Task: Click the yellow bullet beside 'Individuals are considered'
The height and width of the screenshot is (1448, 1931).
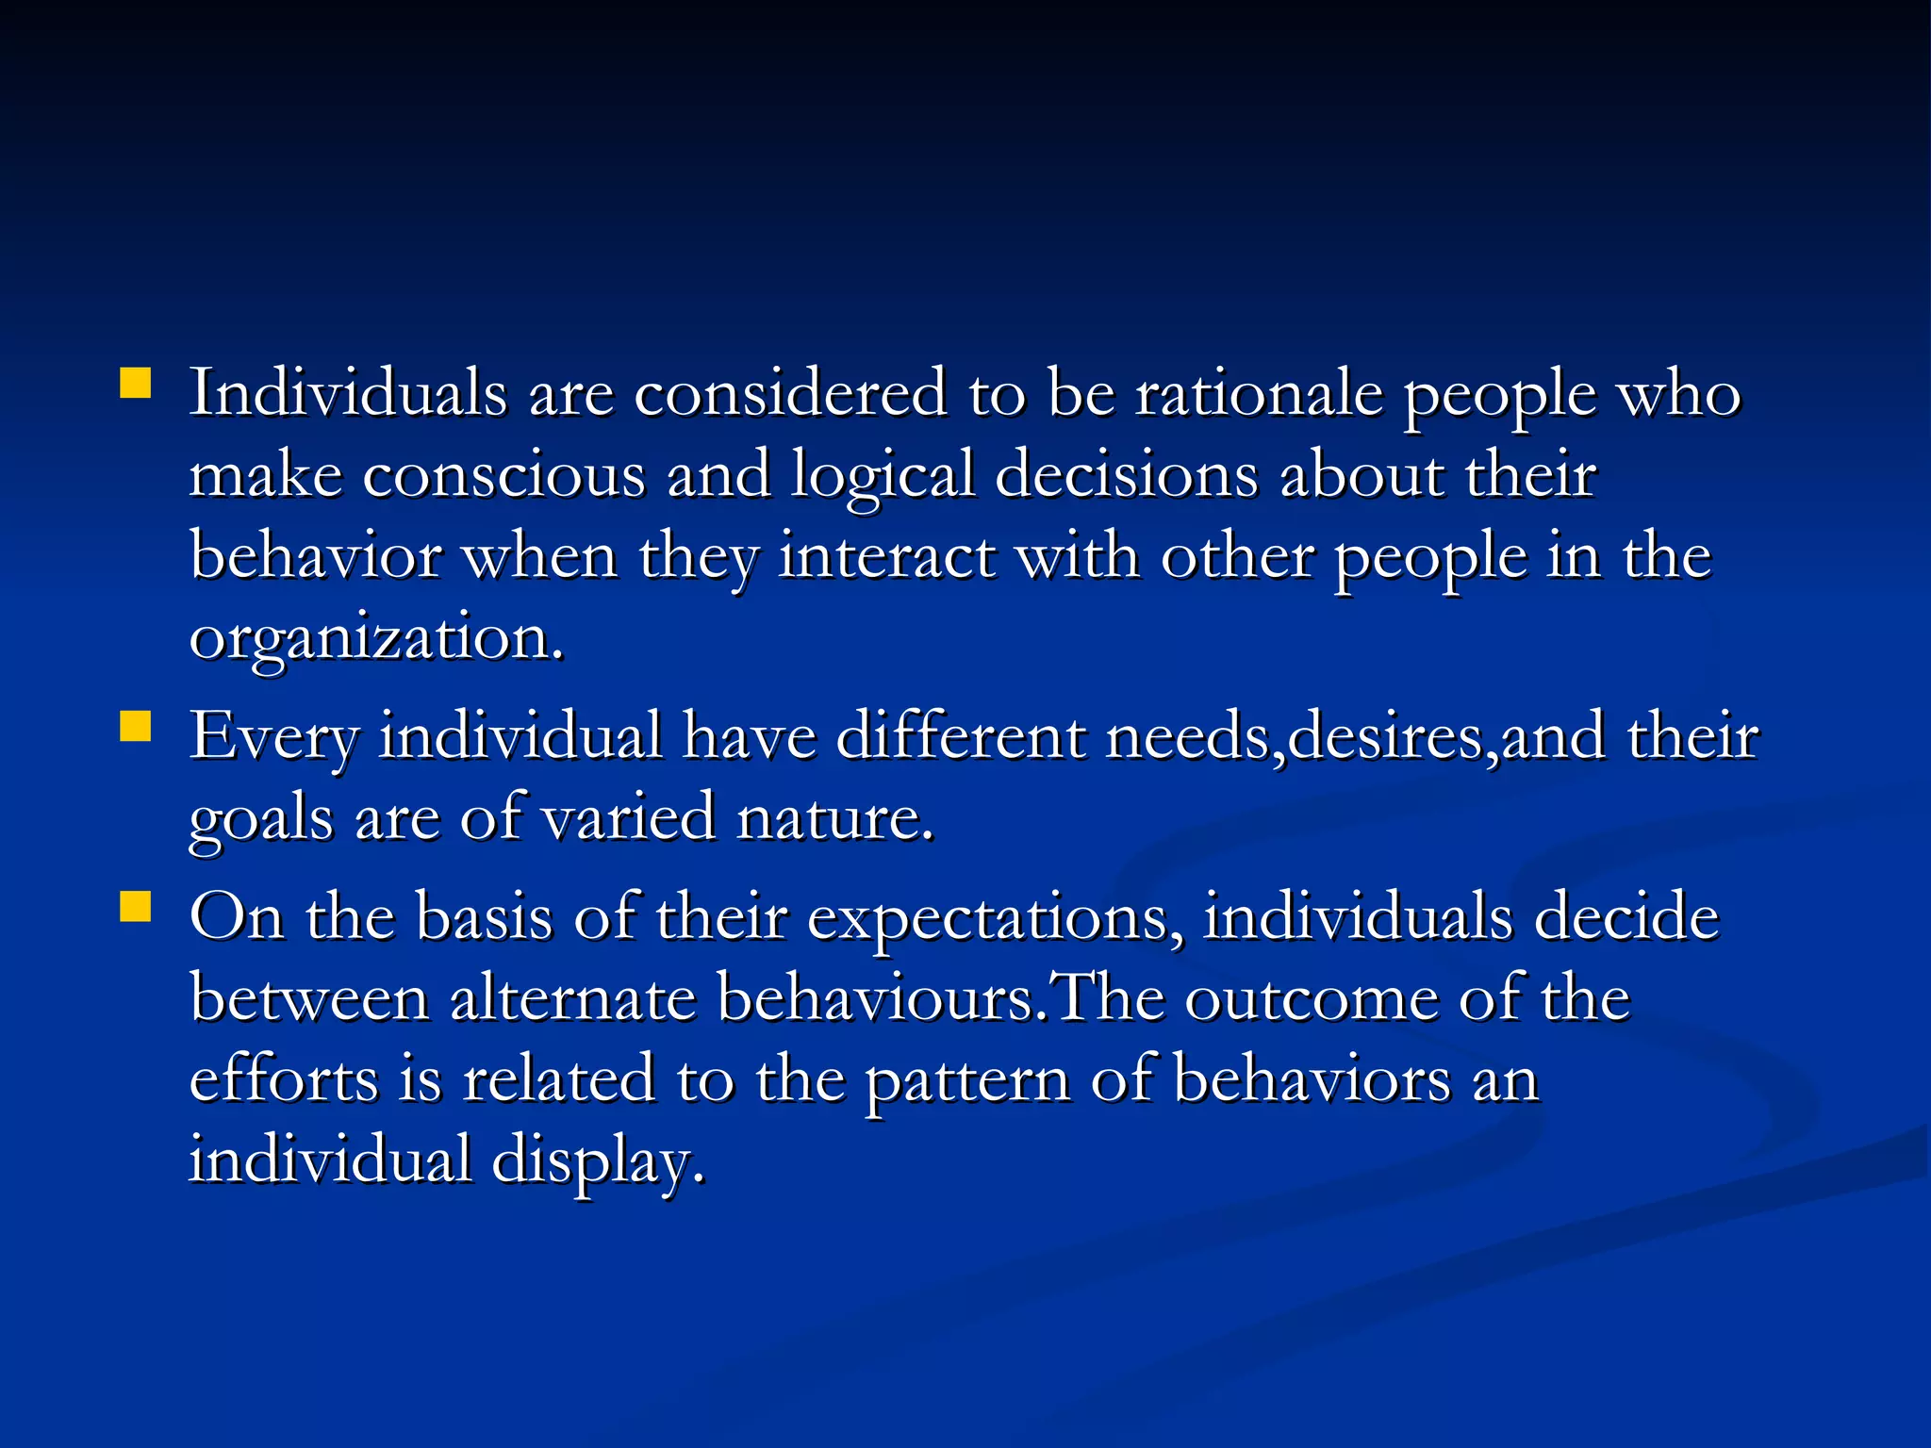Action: [x=136, y=385]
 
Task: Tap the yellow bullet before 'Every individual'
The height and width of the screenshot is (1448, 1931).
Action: [x=136, y=727]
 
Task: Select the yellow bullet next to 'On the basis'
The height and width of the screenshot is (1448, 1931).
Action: [x=136, y=906]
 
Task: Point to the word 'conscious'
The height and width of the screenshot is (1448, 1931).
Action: [x=503, y=475]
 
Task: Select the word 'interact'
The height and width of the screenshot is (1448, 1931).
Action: [x=885, y=556]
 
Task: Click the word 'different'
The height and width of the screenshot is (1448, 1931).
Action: [x=960, y=736]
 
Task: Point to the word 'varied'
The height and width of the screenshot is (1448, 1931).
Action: [x=629, y=818]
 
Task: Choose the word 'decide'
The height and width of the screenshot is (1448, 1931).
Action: [x=1626, y=916]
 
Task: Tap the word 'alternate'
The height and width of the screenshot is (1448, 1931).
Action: [x=572, y=997]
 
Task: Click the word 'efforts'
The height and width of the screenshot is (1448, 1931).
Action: [x=283, y=1078]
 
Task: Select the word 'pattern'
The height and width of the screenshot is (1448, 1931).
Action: [x=967, y=1080]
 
